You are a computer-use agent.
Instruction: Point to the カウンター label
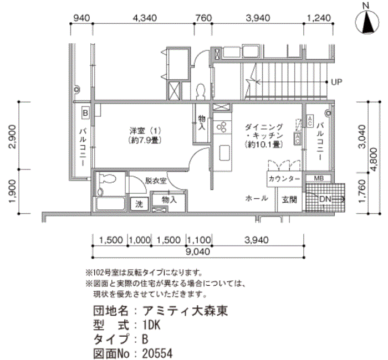pyautogui.click(x=284, y=179)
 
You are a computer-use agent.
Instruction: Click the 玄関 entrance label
pyautogui.click(x=289, y=199)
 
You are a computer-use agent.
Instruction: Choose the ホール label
pyautogui.click(x=257, y=198)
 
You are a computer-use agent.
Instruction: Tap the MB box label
pyautogui.click(x=319, y=178)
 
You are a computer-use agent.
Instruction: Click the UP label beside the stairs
pyautogui.click(x=336, y=83)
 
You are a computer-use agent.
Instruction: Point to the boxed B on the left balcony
pyautogui.click(x=85, y=112)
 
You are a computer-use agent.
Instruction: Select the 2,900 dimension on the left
pyautogui.click(x=12, y=138)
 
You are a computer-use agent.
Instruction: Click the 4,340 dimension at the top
pyautogui.click(x=145, y=18)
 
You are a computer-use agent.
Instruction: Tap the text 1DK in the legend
pyautogui.click(x=151, y=325)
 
